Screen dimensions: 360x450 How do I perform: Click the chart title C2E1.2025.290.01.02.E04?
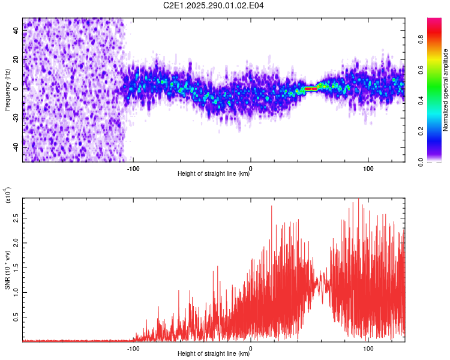click(214, 6)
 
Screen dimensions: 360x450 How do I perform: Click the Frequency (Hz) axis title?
click(7, 89)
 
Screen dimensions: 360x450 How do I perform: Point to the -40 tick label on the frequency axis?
click(16, 146)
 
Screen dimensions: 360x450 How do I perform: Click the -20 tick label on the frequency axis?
click(16, 118)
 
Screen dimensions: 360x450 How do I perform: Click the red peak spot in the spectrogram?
click(311, 89)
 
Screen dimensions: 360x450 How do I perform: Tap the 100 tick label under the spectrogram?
click(368, 167)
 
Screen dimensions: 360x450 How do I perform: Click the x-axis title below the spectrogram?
click(214, 174)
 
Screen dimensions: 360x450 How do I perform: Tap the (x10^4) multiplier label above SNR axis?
click(8, 195)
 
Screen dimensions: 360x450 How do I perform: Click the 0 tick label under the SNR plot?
click(250, 348)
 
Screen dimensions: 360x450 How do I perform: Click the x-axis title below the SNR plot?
click(214, 354)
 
